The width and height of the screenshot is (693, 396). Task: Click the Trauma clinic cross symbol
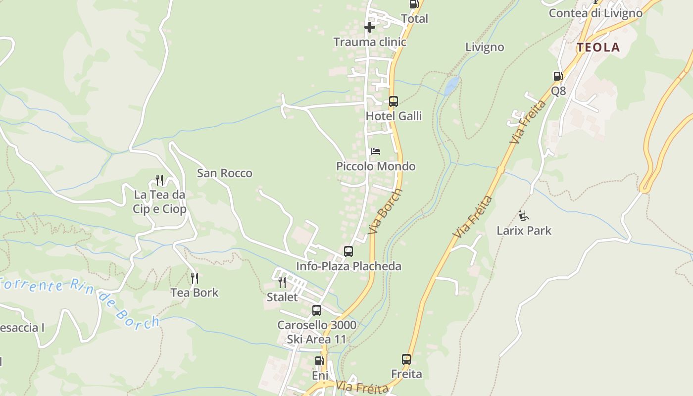[370, 27]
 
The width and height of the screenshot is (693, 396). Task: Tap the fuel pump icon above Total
[413, 4]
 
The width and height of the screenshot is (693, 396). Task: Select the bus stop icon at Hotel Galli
[393, 101]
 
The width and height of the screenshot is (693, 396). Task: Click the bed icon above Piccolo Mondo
[376, 151]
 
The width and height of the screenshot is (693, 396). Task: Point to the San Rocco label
[225, 173]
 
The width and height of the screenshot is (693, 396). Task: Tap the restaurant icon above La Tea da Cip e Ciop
[159, 180]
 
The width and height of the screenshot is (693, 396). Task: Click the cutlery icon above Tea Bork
[195, 278]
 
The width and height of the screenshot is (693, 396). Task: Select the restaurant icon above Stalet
[282, 283]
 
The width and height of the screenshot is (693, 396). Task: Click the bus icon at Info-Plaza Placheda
[348, 251]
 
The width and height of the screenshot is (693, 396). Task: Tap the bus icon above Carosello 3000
[317, 310]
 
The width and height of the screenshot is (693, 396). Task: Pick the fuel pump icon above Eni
[319, 361]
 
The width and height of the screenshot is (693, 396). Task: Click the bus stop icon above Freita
[406, 359]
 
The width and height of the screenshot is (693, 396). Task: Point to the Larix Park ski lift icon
[524, 216]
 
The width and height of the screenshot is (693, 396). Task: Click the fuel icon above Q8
[558, 76]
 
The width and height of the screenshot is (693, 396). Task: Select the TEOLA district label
[598, 48]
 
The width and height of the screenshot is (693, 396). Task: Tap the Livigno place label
[485, 48]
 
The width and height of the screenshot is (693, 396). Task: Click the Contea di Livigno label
[595, 13]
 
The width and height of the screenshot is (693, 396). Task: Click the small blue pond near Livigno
[451, 86]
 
